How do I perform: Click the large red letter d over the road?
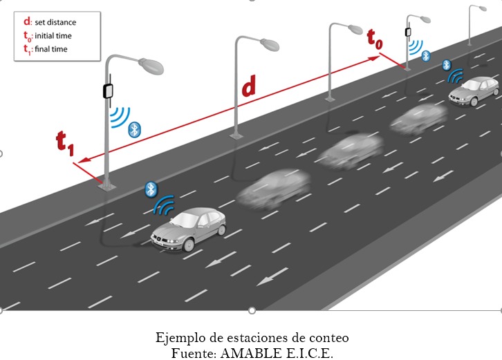(x=248, y=86)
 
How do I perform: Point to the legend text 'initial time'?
(x=53, y=35)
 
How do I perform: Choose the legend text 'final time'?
(x=50, y=49)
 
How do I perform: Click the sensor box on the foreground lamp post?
(x=107, y=91)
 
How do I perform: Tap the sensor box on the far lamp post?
(x=408, y=30)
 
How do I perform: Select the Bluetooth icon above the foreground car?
(x=151, y=189)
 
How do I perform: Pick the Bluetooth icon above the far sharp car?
(x=447, y=64)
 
